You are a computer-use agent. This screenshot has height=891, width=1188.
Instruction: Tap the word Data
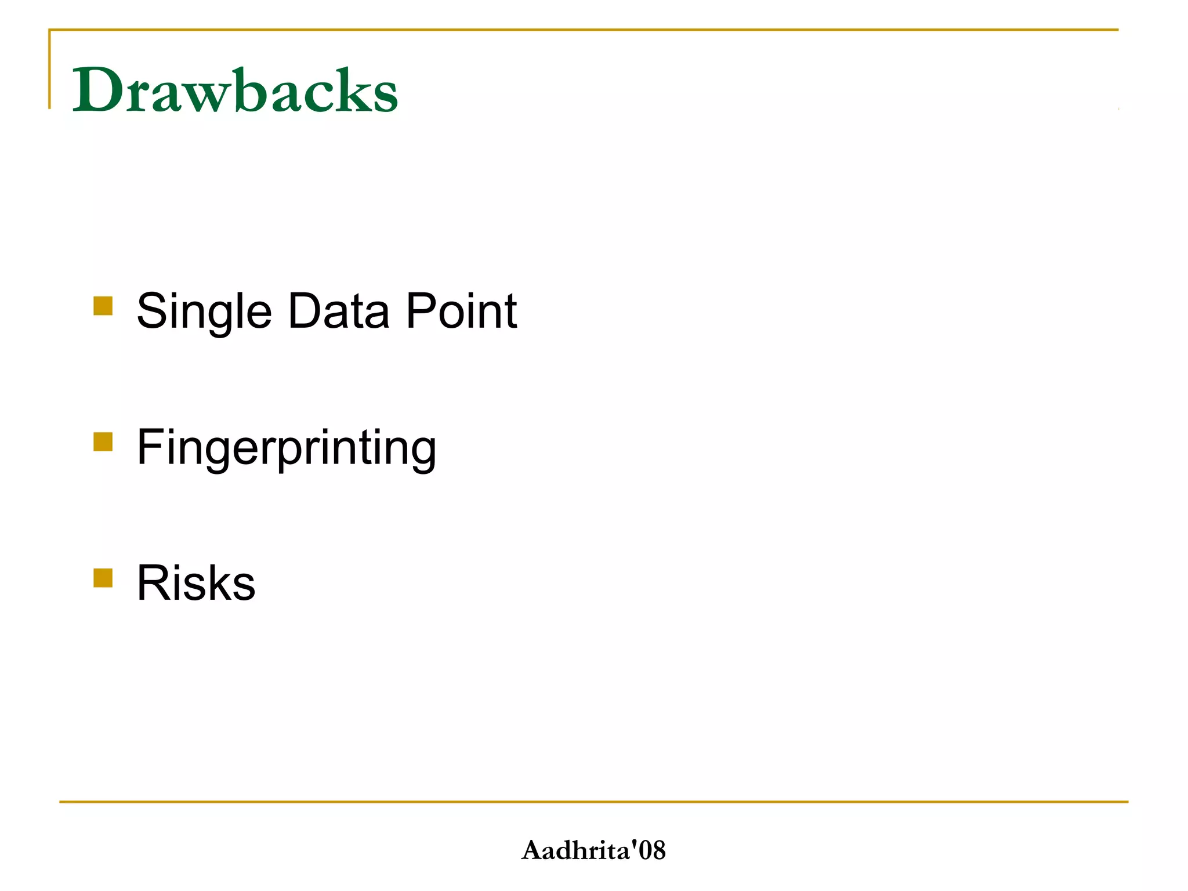click(x=338, y=312)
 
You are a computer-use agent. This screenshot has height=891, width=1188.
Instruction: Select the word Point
click(x=461, y=312)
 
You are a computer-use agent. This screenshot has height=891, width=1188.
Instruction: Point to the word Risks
click(x=196, y=583)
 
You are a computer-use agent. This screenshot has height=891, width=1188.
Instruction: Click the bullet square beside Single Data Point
click(x=103, y=306)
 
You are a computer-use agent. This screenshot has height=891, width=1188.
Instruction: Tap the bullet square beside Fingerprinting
click(x=103, y=441)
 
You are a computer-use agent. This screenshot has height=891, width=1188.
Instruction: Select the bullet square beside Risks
click(x=103, y=578)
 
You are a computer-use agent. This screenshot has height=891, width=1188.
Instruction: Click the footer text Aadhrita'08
click(x=593, y=850)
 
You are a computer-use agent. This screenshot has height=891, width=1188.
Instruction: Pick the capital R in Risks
click(x=153, y=582)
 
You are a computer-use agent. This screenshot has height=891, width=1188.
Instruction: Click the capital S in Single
click(x=152, y=311)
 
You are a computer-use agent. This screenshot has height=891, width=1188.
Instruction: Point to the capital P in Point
click(x=421, y=311)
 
